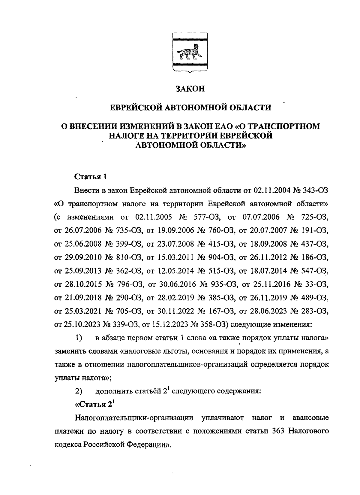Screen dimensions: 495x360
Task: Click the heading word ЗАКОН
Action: [190, 89]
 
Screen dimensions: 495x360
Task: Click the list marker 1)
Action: [79, 338]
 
